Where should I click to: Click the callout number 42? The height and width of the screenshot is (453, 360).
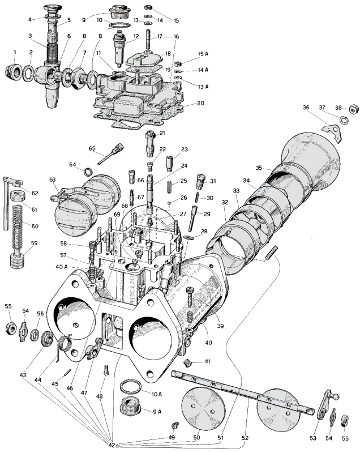[x=111, y=446]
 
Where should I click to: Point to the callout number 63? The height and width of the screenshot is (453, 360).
[x=53, y=180]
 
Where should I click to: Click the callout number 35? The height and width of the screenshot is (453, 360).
[x=259, y=169]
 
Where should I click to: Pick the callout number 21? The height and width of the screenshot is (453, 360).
[x=162, y=133]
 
